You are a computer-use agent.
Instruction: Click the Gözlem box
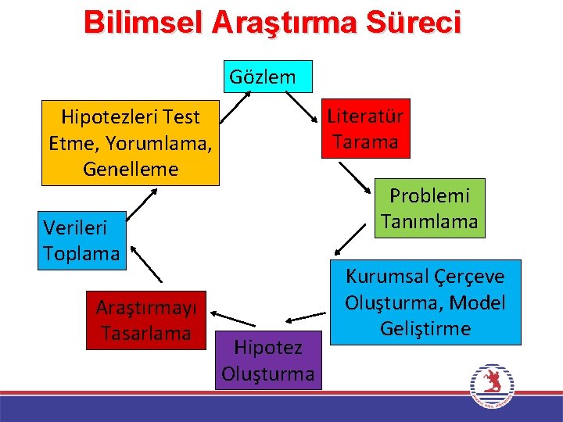point(268,77)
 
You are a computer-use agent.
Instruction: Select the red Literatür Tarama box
point(364,130)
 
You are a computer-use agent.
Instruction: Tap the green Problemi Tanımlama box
point(429,208)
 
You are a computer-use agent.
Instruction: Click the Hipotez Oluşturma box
point(267,359)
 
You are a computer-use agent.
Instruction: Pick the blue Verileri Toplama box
point(83,241)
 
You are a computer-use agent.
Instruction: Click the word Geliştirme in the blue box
point(425,328)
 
